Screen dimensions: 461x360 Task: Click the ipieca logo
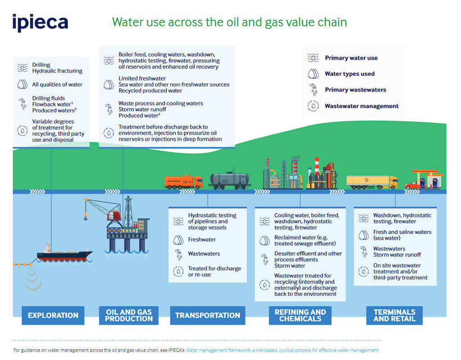click(x=40, y=23)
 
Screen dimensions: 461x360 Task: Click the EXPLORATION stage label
click(x=53, y=315)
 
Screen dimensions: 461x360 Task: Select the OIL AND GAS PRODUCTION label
click(x=129, y=315)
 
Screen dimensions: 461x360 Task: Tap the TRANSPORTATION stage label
click(x=208, y=315)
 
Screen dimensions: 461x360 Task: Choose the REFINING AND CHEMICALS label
click(x=300, y=315)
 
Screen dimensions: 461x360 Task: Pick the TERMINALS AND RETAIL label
click(x=394, y=315)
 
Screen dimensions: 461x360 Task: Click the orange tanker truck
click(x=184, y=181)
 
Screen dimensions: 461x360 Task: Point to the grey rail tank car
click(x=230, y=180)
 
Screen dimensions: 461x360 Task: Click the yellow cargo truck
click(x=372, y=182)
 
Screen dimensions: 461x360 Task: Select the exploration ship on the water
click(x=64, y=254)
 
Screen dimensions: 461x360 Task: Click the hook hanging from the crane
click(x=86, y=218)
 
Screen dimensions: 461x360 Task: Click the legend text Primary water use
click(x=351, y=58)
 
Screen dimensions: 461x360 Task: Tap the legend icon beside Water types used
click(x=313, y=73)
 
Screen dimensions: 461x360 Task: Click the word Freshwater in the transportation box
click(x=202, y=240)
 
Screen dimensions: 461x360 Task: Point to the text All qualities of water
click(x=57, y=85)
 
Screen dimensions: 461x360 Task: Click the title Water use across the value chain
click(x=229, y=22)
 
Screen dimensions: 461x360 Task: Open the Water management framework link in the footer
click(x=282, y=350)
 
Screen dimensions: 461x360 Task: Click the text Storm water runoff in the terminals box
click(x=397, y=255)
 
